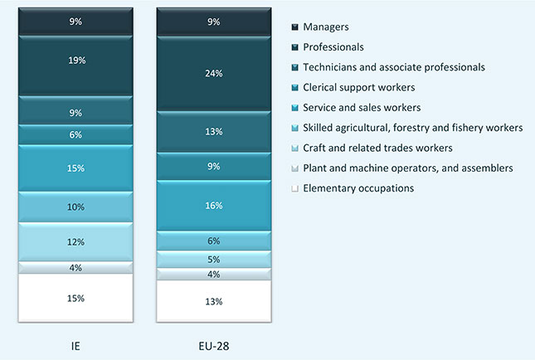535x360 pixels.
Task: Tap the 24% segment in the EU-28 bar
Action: [213, 72]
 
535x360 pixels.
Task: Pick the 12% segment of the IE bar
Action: [75, 242]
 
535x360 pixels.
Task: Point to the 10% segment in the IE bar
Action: [75, 207]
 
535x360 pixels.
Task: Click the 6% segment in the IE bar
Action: [75, 134]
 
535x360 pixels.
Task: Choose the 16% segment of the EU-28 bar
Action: [213, 206]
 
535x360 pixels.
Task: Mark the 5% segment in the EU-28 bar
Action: [213, 260]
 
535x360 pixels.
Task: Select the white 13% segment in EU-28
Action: [213, 300]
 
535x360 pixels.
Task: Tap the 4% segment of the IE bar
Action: [75, 267]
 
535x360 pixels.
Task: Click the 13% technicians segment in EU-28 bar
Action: [213, 132]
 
